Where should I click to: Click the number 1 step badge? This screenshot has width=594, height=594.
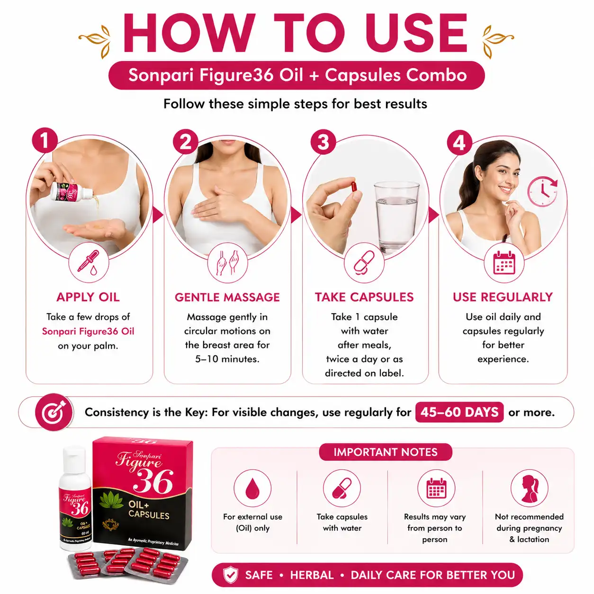pyautogui.click(x=45, y=141)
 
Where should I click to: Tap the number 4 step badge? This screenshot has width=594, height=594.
pyautogui.click(x=459, y=143)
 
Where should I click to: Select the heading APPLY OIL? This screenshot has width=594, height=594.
pyautogui.click(x=88, y=297)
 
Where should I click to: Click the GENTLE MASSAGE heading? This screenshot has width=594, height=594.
pyautogui.click(x=227, y=297)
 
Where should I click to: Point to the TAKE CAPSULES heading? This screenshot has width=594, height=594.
pyautogui.click(x=364, y=297)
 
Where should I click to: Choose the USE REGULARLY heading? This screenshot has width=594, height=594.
pyautogui.click(x=503, y=297)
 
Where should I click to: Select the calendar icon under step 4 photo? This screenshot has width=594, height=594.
pyautogui.click(x=504, y=263)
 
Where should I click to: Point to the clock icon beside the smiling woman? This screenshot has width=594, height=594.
pyautogui.click(x=542, y=191)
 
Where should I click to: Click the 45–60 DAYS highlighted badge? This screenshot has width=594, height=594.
pyautogui.click(x=459, y=412)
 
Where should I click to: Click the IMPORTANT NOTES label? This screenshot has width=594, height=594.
pyautogui.click(x=385, y=452)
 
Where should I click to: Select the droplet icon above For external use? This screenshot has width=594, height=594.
pyautogui.click(x=252, y=488)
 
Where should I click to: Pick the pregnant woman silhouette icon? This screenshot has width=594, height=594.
pyautogui.click(x=529, y=488)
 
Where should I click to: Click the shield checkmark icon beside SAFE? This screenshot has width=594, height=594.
pyautogui.click(x=231, y=575)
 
